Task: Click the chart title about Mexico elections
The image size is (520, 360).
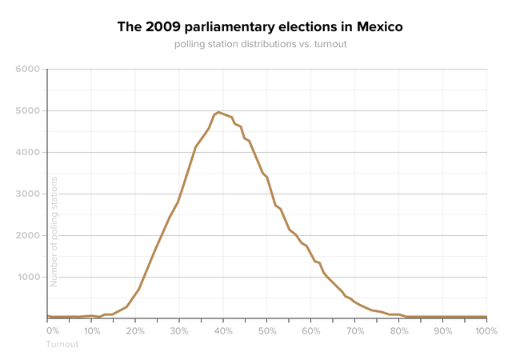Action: (260, 27)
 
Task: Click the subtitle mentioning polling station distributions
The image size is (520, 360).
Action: (260, 43)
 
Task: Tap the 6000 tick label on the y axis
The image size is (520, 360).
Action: (27, 70)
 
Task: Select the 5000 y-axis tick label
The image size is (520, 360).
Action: (27, 111)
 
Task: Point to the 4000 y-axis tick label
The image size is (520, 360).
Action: (27, 153)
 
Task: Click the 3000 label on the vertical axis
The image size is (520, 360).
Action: (27, 194)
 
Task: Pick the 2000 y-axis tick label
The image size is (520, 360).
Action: (27, 236)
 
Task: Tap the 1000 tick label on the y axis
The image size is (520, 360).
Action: (27, 278)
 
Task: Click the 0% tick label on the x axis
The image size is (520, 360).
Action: (53, 330)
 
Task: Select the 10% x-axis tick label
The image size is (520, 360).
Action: (92, 330)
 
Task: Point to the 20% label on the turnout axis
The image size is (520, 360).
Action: (135, 330)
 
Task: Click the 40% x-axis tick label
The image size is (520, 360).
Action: (223, 330)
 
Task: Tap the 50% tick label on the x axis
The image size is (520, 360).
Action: (267, 330)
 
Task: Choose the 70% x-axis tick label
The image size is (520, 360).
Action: (355, 330)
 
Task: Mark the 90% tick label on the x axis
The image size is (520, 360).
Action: (442, 330)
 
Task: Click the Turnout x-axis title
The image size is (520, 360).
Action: (63, 344)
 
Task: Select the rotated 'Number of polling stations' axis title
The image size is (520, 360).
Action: (54, 232)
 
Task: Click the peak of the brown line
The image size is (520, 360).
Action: (219, 112)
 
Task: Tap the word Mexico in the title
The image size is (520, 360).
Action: (377, 27)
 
